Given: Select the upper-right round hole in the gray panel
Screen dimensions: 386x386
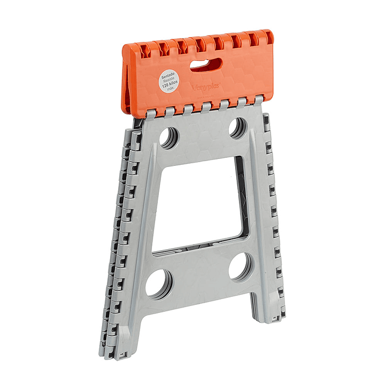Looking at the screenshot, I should pyautogui.click(x=237, y=127).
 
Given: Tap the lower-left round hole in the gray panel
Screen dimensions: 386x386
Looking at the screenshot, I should pyautogui.click(x=159, y=283).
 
